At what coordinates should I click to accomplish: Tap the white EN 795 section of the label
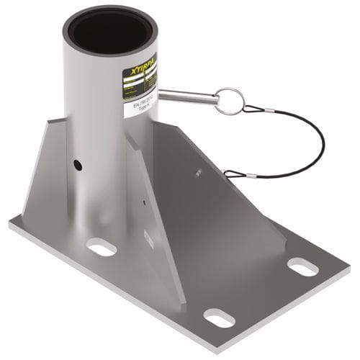(143, 109)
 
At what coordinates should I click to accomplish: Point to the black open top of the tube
(111, 32)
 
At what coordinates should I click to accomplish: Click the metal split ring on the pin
(230, 100)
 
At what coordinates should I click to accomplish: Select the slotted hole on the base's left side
(102, 248)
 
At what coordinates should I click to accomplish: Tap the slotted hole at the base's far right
(303, 266)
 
